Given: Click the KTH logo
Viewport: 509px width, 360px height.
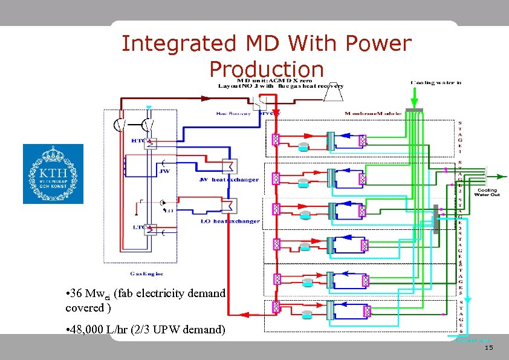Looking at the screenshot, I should point(53,174).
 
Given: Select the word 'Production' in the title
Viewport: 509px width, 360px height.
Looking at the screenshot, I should point(267,68).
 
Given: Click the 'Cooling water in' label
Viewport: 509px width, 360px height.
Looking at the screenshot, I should point(436,83).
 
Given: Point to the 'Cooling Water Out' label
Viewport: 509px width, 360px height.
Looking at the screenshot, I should point(487,192).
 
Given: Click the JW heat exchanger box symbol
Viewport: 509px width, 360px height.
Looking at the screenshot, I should point(229,166).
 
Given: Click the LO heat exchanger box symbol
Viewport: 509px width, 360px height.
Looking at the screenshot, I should point(229,206).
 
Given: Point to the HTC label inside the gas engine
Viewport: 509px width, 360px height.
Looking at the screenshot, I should point(138,140).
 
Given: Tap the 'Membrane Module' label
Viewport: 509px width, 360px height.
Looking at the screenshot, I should point(372,114).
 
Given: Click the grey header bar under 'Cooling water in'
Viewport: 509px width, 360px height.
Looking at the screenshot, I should point(415,110).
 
